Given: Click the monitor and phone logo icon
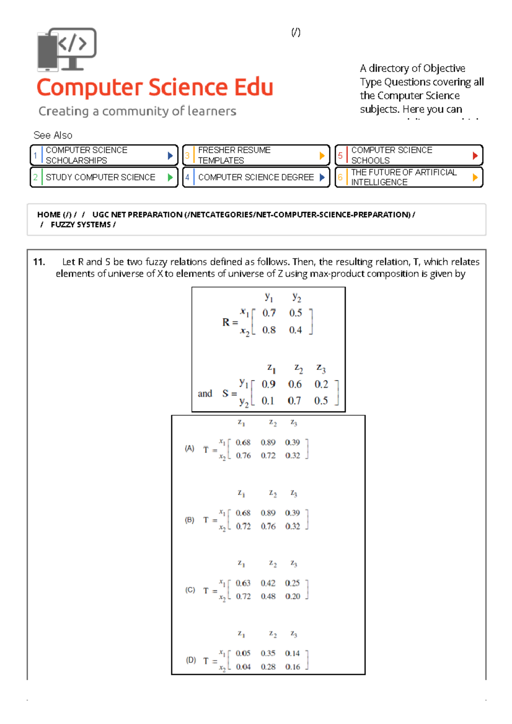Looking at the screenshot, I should point(67,49).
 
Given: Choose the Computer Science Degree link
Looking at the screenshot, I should point(256,177).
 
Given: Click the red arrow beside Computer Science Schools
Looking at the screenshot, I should point(475,156).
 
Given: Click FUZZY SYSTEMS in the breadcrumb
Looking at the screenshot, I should point(81,225).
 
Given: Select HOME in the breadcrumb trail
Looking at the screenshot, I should point(49,215).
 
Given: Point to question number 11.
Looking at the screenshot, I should point(39,262).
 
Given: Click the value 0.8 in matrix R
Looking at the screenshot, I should point(269,330).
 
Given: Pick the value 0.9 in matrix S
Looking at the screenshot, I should point(268,384).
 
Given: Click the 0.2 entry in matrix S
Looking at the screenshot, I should point(321,384).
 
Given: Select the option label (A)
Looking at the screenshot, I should point(189,449).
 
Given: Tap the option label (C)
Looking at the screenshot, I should point(190,590).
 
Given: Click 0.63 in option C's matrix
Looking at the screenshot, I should point(243,583).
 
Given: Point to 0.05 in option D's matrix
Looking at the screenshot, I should point(243,653).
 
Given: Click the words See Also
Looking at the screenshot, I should point(53,135).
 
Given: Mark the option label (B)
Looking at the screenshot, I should point(189,520).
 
